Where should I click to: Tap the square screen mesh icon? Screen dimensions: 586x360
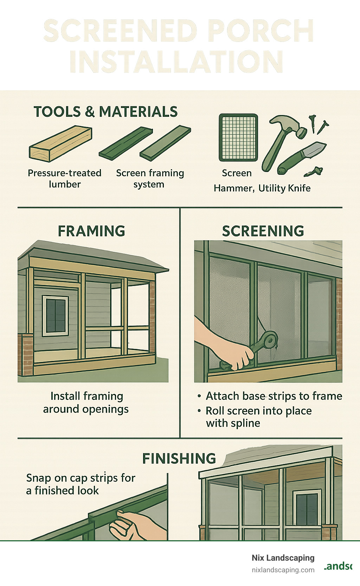pyautogui.click(x=238, y=138)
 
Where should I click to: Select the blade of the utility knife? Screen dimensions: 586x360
pyautogui.click(x=313, y=149)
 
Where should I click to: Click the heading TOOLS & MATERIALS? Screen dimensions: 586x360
pyautogui.click(x=105, y=112)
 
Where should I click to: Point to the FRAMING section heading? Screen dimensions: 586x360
pyautogui.click(x=91, y=231)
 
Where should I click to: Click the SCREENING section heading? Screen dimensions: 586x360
pyautogui.click(x=263, y=231)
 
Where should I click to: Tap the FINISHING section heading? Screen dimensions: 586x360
pyautogui.click(x=179, y=459)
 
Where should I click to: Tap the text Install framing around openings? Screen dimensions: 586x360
pyautogui.click(x=86, y=402)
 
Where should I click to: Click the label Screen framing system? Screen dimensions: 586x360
pyautogui.click(x=150, y=179)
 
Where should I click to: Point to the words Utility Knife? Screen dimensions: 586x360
pyautogui.click(x=284, y=188)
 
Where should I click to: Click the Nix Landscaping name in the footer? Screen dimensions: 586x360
pyautogui.click(x=283, y=558)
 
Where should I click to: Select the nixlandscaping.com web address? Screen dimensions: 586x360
pyautogui.click(x=283, y=570)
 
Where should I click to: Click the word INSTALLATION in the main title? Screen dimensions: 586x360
pyautogui.click(x=176, y=62)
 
